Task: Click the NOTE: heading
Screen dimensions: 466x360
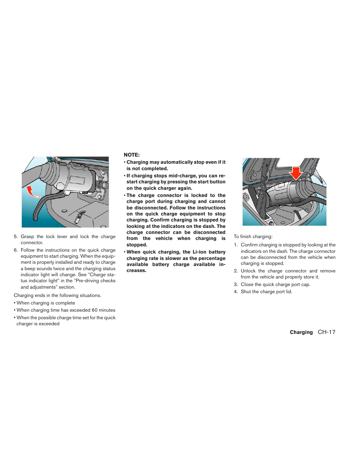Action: tap(132, 155)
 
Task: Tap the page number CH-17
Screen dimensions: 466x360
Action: tap(326, 332)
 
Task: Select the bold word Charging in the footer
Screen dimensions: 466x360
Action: tap(301, 332)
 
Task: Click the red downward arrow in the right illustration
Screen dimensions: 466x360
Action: tap(296, 173)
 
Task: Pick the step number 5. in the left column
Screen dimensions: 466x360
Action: tap(15, 237)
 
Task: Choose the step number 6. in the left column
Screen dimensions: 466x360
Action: tap(15, 250)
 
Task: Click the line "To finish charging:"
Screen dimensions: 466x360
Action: tap(253, 237)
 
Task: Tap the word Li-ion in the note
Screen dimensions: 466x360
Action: tap(200, 252)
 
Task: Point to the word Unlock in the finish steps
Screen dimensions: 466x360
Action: tap(248, 271)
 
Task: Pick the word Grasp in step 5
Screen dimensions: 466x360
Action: tap(27, 237)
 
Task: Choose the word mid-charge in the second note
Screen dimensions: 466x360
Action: tap(183, 176)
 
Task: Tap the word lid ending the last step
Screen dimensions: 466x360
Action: tap(288, 292)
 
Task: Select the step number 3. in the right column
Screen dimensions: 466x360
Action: tap(235, 285)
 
